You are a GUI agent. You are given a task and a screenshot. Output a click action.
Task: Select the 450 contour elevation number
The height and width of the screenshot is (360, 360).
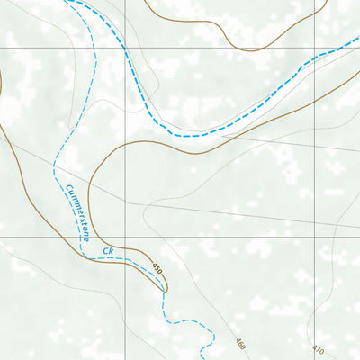click(157, 269)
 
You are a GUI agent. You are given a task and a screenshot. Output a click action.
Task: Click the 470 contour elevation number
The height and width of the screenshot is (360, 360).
click(317, 348)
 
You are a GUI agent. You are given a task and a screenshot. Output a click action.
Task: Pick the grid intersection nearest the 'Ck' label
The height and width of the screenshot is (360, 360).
click(125, 238)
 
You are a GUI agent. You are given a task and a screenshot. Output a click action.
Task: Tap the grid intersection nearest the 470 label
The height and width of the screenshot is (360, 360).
click(316, 238)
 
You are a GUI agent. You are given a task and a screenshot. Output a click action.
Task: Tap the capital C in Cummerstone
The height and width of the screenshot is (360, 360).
click(68, 189)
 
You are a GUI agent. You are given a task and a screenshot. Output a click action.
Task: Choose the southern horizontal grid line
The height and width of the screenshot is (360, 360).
click(225, 238)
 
